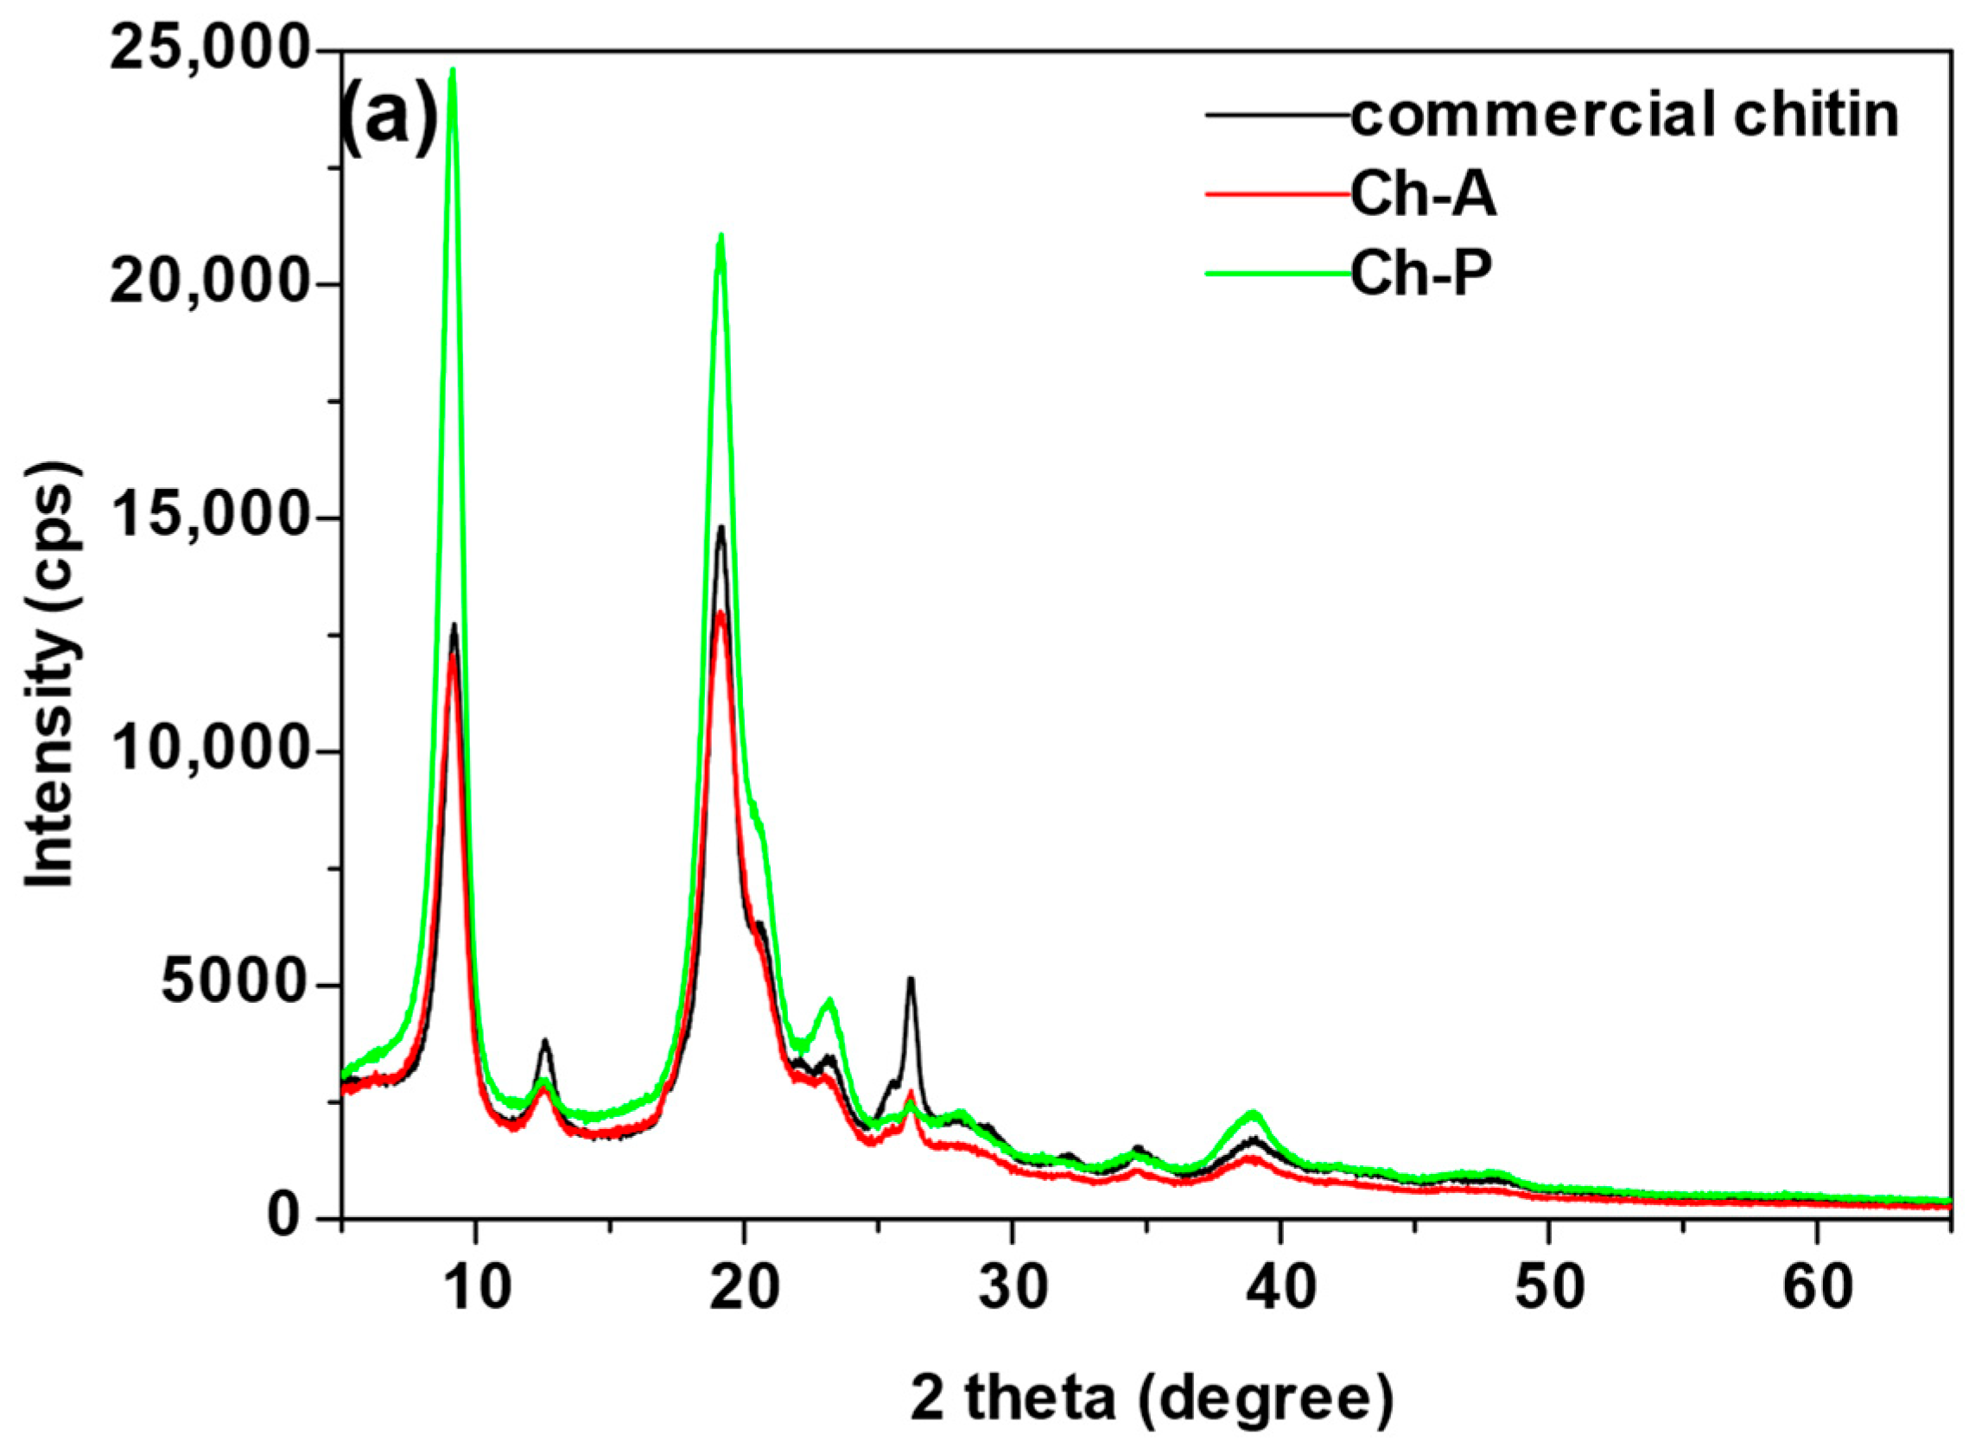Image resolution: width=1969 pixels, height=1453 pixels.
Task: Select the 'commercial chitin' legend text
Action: [x=1624, y=116]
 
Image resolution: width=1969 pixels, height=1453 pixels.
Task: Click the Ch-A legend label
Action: [x=1423, y=195]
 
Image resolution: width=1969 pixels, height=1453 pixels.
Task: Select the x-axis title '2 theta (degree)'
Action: [x=1152, y=1400]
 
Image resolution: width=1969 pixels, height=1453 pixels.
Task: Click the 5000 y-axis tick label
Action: [x=233, y=986]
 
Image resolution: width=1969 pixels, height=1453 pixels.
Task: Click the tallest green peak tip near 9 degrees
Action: [x=453, y=70]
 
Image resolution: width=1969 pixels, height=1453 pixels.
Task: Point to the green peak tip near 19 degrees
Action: [x=721, y=236]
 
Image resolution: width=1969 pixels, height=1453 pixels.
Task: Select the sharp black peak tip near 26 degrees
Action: [x=911, y=979]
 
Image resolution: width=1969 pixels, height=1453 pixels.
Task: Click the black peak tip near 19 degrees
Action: [x=721, y=528]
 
